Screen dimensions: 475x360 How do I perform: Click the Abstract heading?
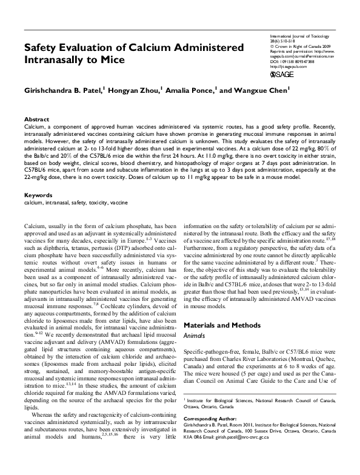tap(37, 120)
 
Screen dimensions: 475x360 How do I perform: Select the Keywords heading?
tap(38, 195)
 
